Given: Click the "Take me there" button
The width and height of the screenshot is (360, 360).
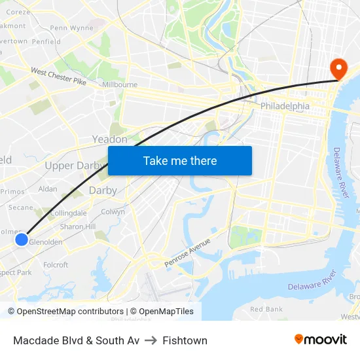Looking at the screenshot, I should tap(180, 160).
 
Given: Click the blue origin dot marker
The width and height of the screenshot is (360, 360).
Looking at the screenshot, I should tap(21, 240).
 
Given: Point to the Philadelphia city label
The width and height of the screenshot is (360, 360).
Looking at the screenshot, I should tap(285, 105).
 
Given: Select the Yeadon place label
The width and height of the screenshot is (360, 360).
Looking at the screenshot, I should tap(109, 139).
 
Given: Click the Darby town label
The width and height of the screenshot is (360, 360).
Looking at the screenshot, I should tap(103, 190).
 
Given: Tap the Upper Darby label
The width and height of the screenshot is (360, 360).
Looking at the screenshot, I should tap(74, 166).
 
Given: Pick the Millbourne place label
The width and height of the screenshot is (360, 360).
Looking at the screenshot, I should tap(119, 85).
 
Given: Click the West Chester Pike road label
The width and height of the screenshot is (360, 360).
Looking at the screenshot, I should tap(58, 77).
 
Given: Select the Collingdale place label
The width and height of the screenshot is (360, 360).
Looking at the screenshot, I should tap(68, 213).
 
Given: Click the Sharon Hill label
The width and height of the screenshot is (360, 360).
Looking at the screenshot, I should tap(77, 226).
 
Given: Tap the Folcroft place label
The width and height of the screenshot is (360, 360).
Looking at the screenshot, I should tap(56, 265).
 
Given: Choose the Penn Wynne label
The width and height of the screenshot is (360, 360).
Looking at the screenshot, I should tap(72, 28).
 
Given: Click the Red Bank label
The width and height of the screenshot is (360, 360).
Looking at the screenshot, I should tap(266, 309).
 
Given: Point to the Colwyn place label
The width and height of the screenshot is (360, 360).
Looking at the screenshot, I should tap(113, 212).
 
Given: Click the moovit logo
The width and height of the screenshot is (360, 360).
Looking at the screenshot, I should tap(321, 340).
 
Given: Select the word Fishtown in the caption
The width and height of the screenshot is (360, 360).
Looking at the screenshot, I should tap(185, 340).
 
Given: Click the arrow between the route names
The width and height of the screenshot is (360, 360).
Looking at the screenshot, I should tap(151, 340).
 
